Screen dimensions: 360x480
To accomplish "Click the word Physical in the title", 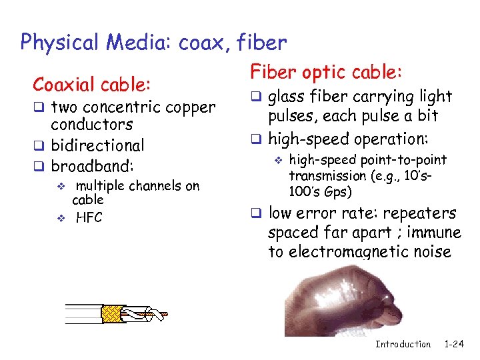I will tap(59, 43).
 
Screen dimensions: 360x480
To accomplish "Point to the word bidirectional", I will tap(97, 145).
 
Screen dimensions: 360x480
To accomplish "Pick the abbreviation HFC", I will tap(89, 217).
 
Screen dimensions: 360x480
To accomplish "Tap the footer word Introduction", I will tap(403, 344).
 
